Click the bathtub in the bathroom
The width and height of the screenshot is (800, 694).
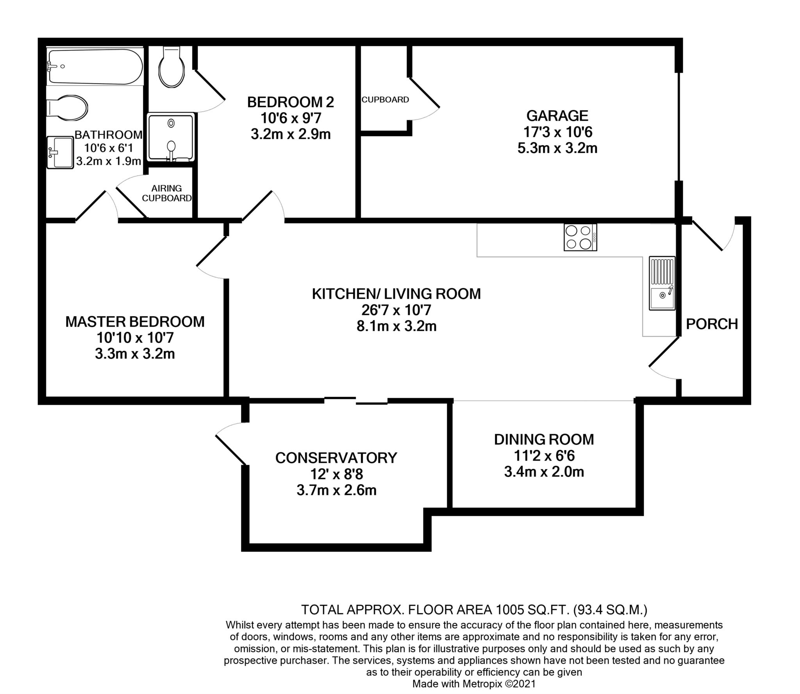[x=95, y=66]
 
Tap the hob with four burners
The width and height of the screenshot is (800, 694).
[x=580, y=237]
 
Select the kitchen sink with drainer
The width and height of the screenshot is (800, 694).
[x=662, y=283]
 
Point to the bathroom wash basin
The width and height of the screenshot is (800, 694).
[x=60, y=152]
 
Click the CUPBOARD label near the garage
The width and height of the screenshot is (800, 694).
[x=385, y=100]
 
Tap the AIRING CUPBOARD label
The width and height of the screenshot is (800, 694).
[x=167, y=193]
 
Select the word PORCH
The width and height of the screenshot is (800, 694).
[x=712, y=324]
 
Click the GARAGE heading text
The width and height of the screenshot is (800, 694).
[x=557, y=116]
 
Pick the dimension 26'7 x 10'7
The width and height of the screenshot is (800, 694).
[x=396, y=310]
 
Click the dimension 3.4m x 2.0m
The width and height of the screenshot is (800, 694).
[x=544, y=472]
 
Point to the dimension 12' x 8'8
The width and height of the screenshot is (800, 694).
[x=336, y=474]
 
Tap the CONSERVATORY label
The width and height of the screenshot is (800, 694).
[x=336, y=458]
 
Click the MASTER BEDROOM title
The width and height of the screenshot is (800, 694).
[x=135, y=322]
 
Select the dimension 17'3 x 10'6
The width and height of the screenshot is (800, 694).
[x=557, y=132]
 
